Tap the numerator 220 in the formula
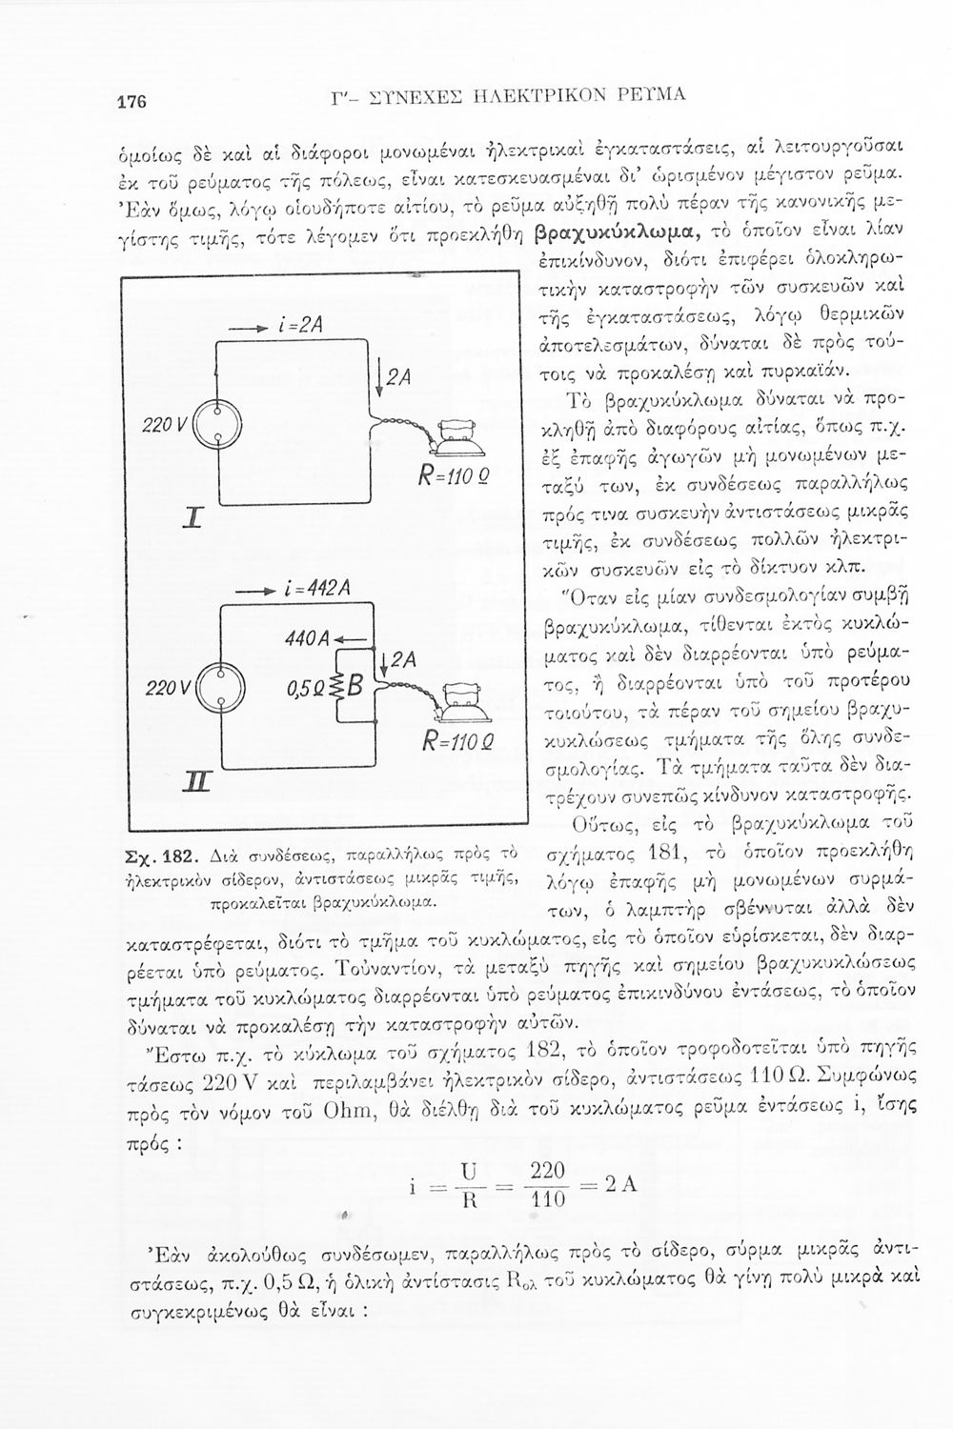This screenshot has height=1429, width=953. [548, 1170]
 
